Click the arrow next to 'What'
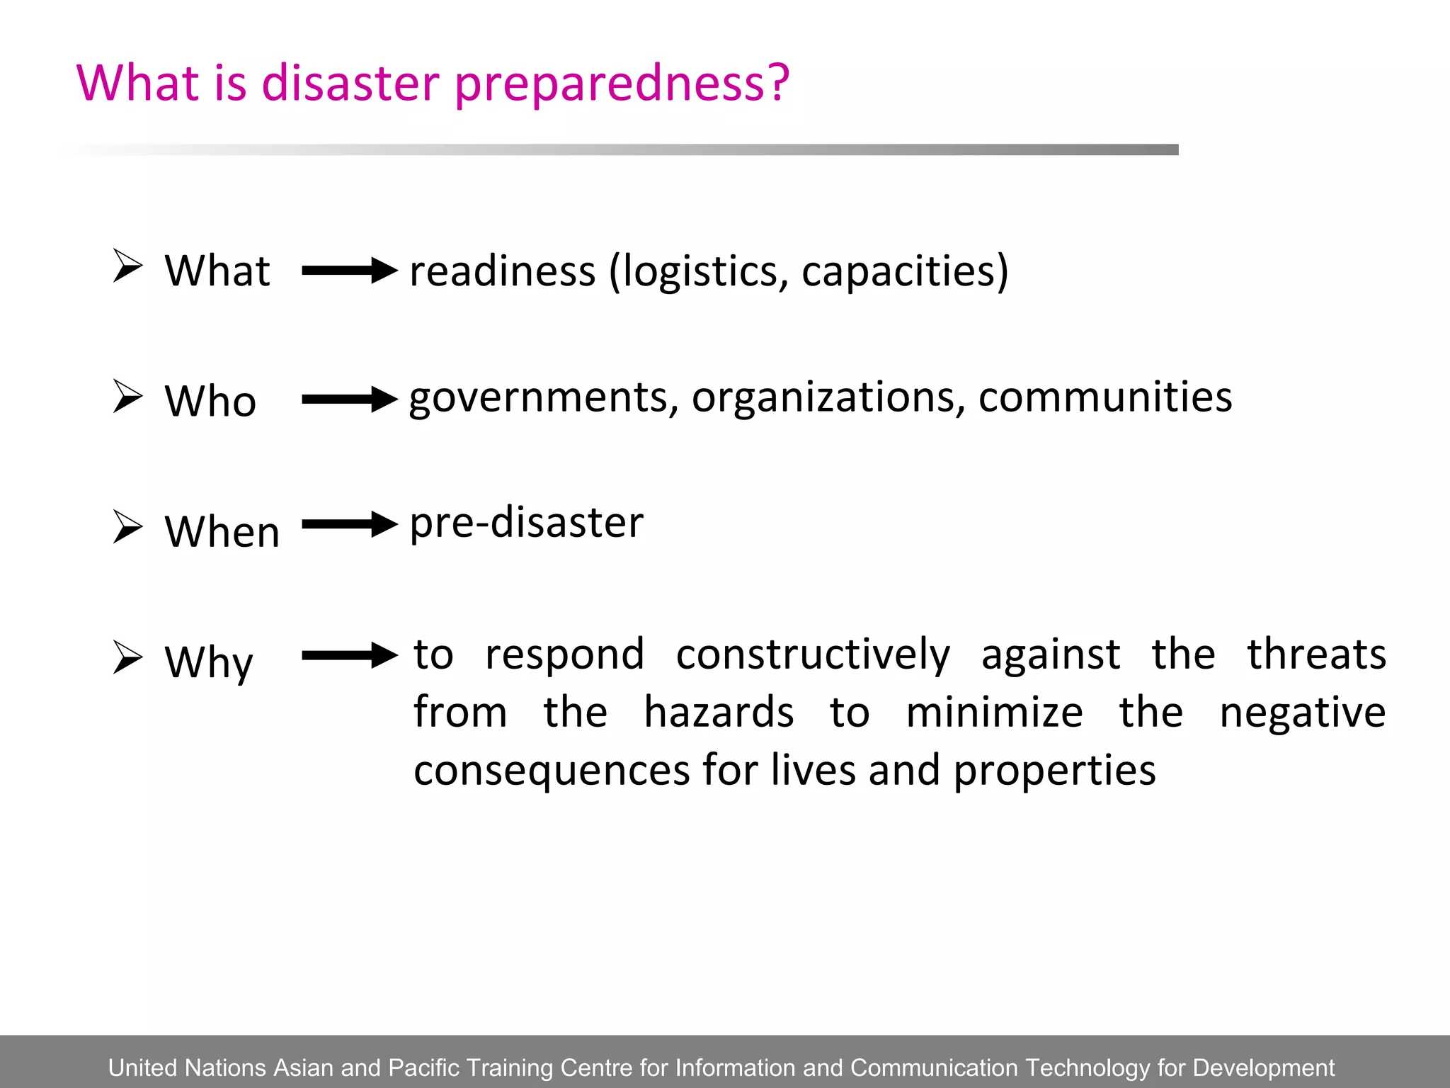pyautogui.click(x=350, y=271)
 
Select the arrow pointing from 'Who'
pyautogui.click(x=350, y=399)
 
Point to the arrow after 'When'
pyautogui.click(x=350, y=525)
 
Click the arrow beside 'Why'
pyautogui.click(x=350, y=655)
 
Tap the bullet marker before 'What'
pyautogui.click(x=127, y=266)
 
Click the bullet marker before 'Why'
pyautogui.click(x=127, y=657)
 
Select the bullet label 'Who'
pyautogui.click(x=210, y=401)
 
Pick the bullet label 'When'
pyautogui.click(x=222, y=531)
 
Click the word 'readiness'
pyautogui.click(x=503, y=271)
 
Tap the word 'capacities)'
pyautogui.click(x=905, y=271)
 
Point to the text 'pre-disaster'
pyautogui.click(x=527, y=523)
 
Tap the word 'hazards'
pyautogui.click(x=719, y=713)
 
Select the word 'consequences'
pyautogui.click(x=552, y=771)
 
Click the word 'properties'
pyautogui.click(x=1054, y=771)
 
